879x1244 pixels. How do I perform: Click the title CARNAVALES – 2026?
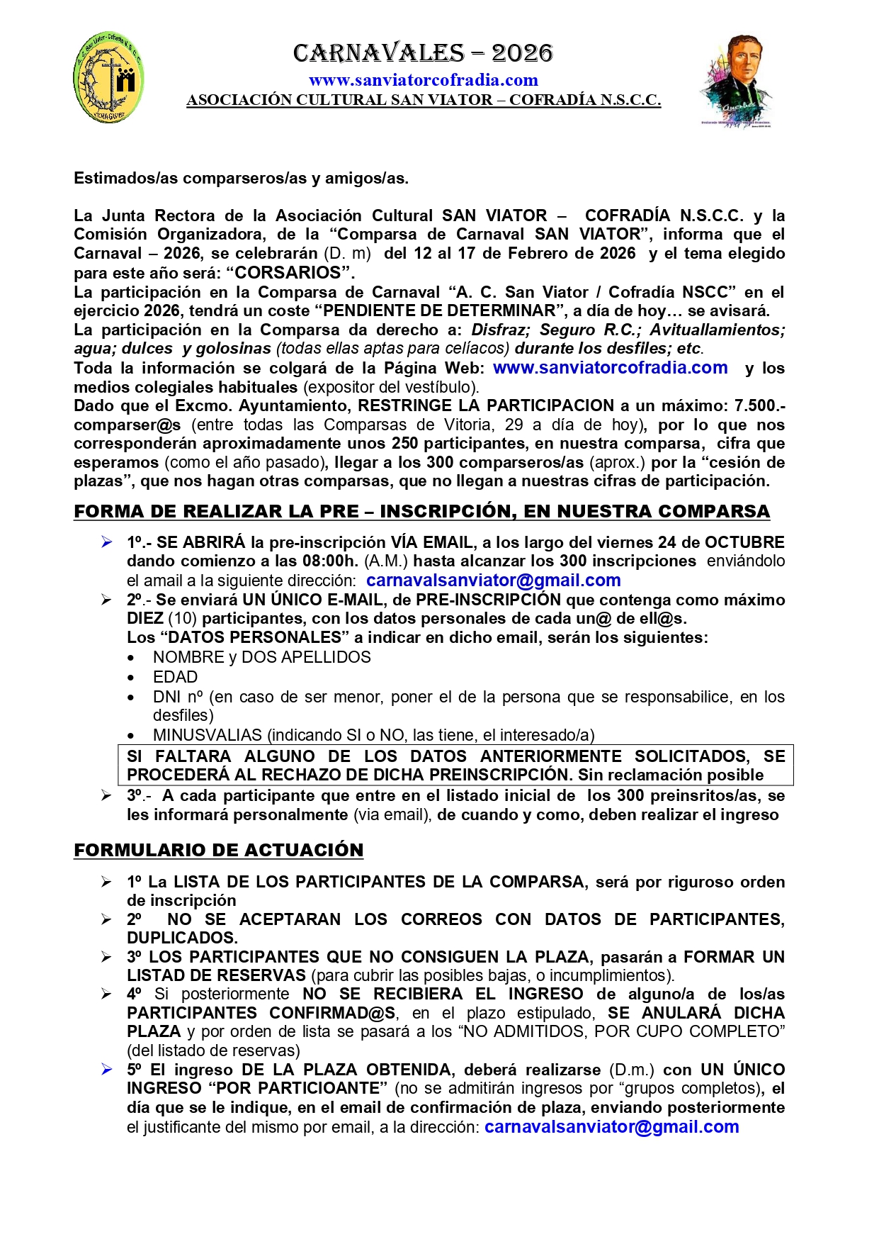point(423,53)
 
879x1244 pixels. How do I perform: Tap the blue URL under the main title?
point(423,80)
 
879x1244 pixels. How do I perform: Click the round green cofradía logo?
point(108,77)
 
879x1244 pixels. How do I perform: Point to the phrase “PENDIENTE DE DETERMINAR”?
point(440,310)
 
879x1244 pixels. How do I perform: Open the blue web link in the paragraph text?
point(610,368)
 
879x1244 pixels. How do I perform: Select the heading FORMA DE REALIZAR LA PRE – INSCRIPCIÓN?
point(421,511)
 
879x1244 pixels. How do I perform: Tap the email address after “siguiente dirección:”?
point(493,581)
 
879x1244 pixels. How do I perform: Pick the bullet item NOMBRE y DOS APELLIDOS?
point(261,657)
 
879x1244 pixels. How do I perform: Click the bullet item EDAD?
point(175,677)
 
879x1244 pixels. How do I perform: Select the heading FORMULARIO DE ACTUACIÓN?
point(218,850)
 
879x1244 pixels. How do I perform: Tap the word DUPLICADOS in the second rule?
point(182,938)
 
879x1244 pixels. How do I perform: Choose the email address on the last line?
point(611,1127)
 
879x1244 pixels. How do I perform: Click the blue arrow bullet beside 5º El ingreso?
point(106,1070)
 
